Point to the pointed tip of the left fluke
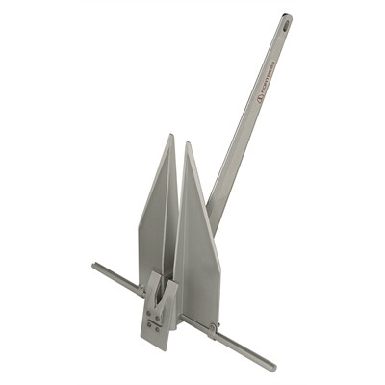coord(171,136)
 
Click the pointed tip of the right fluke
coord(188,143)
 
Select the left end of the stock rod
coord(95,266)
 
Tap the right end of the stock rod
coord(273,368)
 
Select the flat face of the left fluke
coord(156,221)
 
